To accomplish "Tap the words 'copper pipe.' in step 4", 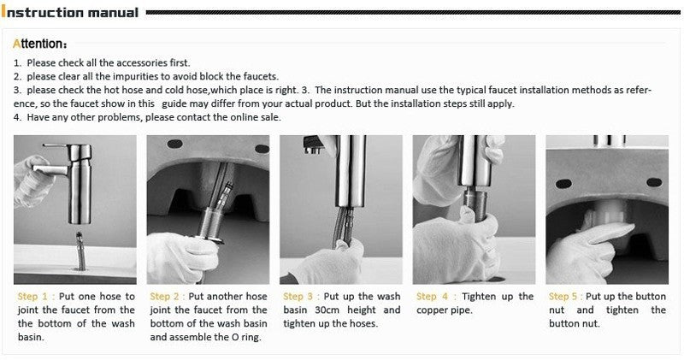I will [445, 310].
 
